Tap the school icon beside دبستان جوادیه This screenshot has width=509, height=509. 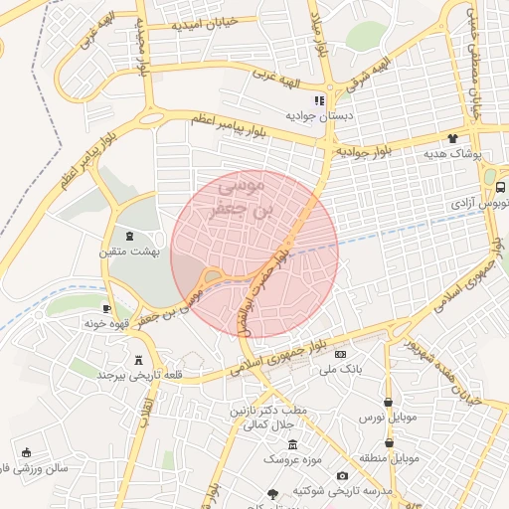coord(319,100)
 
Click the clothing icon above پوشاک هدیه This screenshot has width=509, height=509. coord(453,139)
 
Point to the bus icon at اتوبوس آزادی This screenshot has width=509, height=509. coord(500,186)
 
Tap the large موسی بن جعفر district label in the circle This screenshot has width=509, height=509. coord(254,196)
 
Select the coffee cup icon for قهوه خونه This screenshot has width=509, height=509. coord(106,309)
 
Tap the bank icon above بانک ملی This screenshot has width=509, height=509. coord(341,354)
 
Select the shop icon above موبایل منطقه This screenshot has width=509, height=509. coord(403,443)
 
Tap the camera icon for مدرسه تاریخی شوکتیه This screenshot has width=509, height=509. coord(343,476)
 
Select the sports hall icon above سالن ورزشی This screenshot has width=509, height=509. coord(26,452)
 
